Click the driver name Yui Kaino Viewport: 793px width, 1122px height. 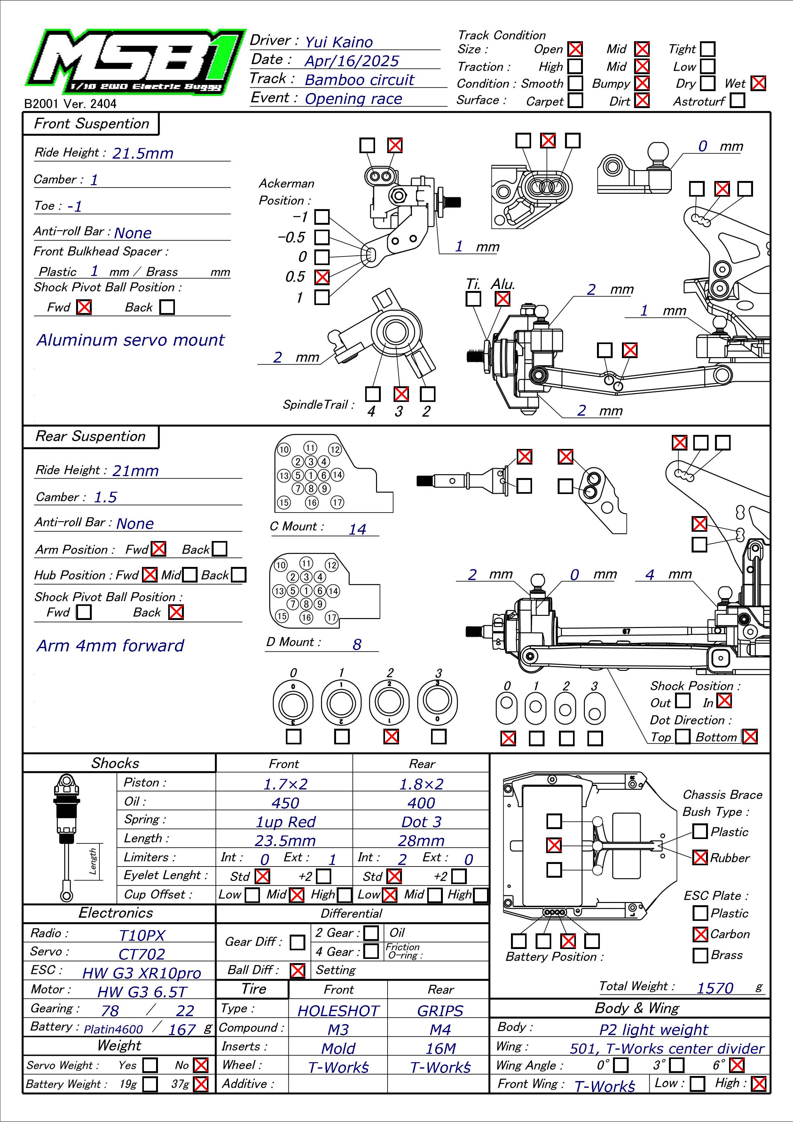339,43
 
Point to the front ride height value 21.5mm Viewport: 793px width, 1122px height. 143,153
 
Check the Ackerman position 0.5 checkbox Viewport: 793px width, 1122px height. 321,277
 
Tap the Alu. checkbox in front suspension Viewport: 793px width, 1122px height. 502,298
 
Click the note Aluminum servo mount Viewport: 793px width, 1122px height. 130,340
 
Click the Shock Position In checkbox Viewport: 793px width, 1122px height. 724,700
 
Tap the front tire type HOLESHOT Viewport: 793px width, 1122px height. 338,1011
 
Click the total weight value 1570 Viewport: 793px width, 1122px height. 715,988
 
